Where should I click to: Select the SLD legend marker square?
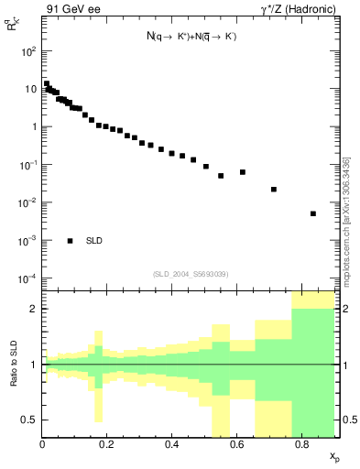pos(71,241)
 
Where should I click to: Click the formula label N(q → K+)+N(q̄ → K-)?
pos(191,37)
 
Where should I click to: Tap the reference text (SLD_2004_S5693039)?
pos(190,274)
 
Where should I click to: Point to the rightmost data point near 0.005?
pos(313,213)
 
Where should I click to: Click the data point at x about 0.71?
pos(274,190)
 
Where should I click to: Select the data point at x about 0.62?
pos(243,172)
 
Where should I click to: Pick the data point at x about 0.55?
pos(221,176)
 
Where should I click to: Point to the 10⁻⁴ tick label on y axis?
pos(27,278)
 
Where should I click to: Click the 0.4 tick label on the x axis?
pos(171,444)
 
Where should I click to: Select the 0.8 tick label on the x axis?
pos(301,444)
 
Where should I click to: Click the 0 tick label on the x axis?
pos(43,444)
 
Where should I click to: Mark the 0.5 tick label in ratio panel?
pos(30,420)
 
